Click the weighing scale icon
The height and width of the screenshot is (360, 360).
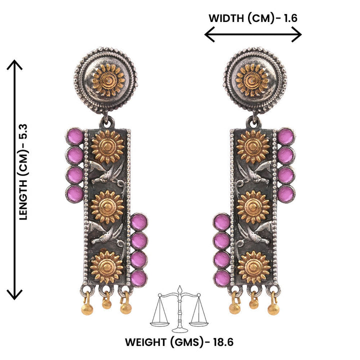[179, 311]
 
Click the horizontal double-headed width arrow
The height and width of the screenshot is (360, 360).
[253, 34]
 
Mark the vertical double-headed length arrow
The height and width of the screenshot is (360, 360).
[15, 180]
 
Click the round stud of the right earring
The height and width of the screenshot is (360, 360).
[255, 80]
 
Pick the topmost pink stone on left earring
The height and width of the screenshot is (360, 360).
[75, 136]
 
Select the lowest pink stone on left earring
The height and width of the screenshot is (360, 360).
[138, 278]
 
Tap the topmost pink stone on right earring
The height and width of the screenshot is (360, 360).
[285, 136]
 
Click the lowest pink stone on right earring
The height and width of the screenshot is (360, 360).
[222, 278]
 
